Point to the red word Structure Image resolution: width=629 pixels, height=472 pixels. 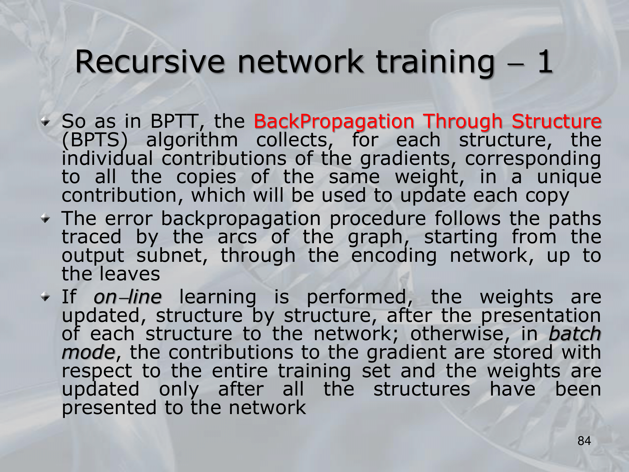[556, 121]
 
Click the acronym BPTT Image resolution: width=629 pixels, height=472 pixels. [175, 121]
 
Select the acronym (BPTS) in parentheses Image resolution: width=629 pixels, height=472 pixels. [95, 140]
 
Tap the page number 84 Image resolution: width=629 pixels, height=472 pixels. [584, 441]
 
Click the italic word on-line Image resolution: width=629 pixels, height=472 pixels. [127, 297]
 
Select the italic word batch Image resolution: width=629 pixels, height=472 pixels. [575, 334]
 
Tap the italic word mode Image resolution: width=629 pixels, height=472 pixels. [88, 353]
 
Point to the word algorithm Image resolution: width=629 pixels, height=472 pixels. [192, 140]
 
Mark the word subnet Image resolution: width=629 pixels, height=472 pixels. [172, 256]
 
